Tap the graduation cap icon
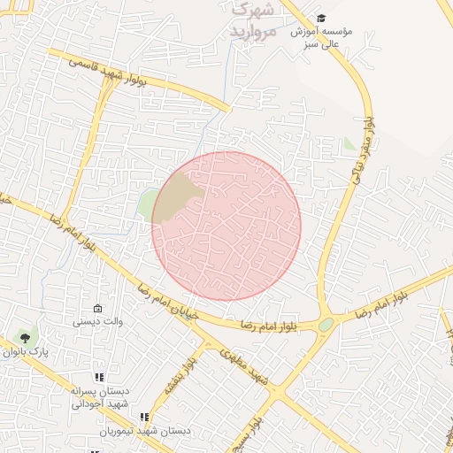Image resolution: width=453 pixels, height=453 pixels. (321, 18)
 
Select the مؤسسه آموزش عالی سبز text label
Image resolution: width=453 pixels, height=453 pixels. (322, 36)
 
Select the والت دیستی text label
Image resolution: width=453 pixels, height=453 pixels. (98, 321)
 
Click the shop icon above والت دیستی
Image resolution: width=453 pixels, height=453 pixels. (97, 308)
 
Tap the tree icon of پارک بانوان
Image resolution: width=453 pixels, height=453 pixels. (25, 337)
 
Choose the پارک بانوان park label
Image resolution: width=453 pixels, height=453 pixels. (25, 352)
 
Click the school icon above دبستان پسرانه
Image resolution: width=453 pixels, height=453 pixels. (99, 377)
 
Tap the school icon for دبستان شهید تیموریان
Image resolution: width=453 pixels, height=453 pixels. (143, 417)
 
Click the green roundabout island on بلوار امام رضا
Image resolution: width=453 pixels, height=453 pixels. (326, 325)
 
